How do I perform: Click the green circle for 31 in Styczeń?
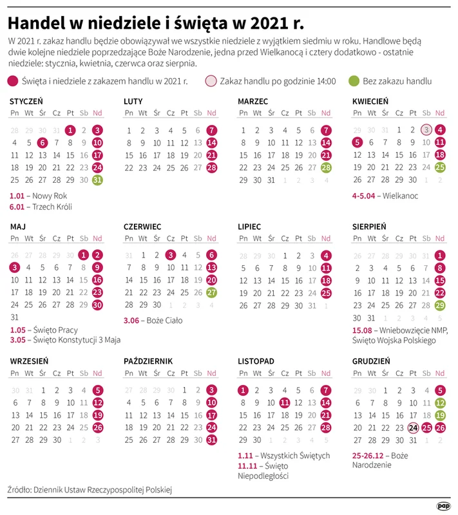97,180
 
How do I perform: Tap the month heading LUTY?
133,101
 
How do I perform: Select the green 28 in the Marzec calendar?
326,167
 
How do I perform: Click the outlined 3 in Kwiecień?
426,129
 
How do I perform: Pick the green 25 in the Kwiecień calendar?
440,167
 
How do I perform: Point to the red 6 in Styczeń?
43,142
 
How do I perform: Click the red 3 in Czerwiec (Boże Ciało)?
170,255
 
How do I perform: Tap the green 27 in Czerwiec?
212,293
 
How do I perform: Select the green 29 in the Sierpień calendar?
440,305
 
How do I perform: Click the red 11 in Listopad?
285,402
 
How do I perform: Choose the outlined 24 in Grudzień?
412,427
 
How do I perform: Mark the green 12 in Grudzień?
440,402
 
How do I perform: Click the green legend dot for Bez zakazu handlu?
352,81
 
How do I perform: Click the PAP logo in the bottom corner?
443,505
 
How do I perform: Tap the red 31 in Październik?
212,440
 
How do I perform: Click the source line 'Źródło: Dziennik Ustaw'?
90,490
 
